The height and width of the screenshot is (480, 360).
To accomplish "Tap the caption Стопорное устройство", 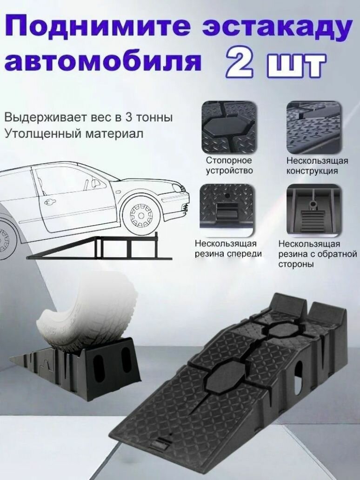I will [x=229, y=166].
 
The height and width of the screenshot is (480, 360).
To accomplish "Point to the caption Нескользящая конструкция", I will [x=317, y=166].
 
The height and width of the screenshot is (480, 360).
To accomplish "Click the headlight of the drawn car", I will [x=176, y=189].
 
